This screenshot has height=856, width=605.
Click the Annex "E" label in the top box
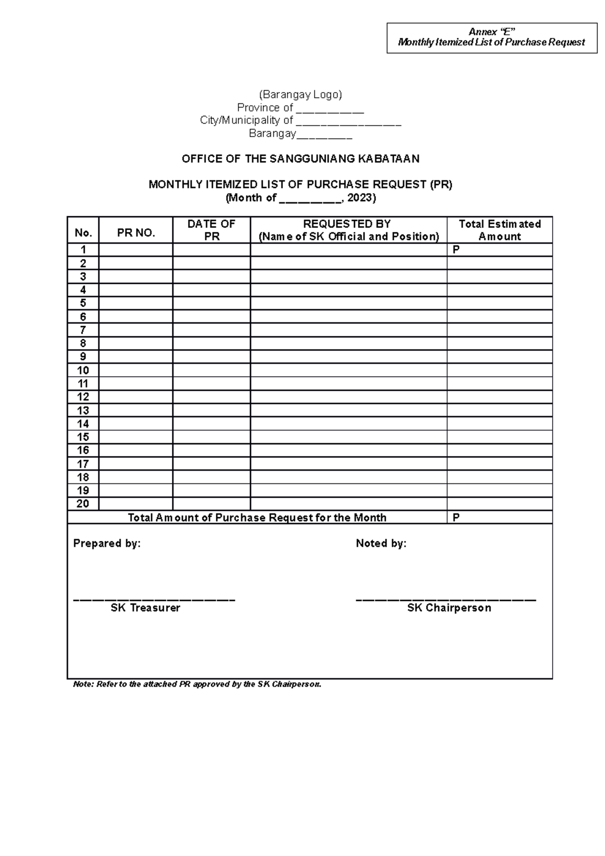click(x=492, y=32)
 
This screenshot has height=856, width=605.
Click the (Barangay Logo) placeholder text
click(x=300, y=94)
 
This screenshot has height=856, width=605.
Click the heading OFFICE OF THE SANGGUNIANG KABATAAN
click(x=300, y=159)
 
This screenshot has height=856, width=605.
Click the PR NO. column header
click(x=136, y=232)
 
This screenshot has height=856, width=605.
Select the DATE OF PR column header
click(x=211, y=230)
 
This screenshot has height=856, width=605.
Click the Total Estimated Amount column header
click(x=500, y=230)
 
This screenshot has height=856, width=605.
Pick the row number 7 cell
click(x=83, y=330)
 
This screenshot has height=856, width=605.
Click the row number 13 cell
click(x=83, y=410)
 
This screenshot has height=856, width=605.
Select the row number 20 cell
click(x=83, y=504)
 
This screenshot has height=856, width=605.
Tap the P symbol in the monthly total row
click(x=456, y=518)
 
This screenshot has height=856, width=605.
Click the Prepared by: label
click(x=107, y=543)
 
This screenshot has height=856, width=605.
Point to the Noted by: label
click(x=381, y=543)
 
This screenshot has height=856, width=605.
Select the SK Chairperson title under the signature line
click(x=449, y=608)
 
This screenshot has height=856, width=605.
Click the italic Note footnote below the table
click(x=197, y=685)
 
